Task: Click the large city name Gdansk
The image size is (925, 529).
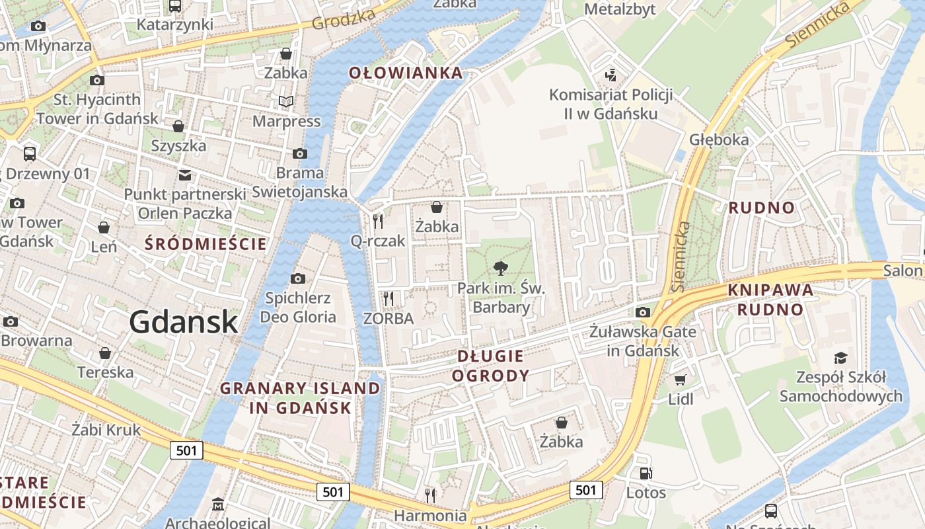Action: pos(183,322)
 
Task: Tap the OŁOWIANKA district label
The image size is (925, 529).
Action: pos(406,73)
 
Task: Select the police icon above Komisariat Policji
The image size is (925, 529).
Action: pos(611,75)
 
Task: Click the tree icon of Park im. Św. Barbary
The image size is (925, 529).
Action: pos(501,268)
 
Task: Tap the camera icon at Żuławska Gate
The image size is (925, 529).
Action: pos(642,312)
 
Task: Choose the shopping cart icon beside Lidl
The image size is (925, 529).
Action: pos(681,380)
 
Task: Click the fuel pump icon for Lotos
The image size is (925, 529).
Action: pos(646,473)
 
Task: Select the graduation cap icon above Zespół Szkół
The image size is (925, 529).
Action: pos(840,358)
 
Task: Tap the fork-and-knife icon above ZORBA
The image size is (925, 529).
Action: pos(388,299)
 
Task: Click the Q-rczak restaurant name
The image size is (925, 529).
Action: pos(378,241)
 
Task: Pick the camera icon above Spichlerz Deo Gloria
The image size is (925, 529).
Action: pos(298,278)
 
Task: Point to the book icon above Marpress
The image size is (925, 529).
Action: pos(286,101)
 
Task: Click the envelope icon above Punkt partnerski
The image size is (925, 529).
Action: pos(185,175)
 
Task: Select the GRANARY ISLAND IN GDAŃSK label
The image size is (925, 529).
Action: pos(301,397)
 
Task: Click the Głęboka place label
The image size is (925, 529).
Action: pos(719,140)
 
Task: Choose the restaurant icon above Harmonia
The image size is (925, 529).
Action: pos(430,495)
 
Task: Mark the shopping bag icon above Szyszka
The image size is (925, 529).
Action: pos(178,126)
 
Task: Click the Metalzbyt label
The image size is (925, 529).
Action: pos(620,9)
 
